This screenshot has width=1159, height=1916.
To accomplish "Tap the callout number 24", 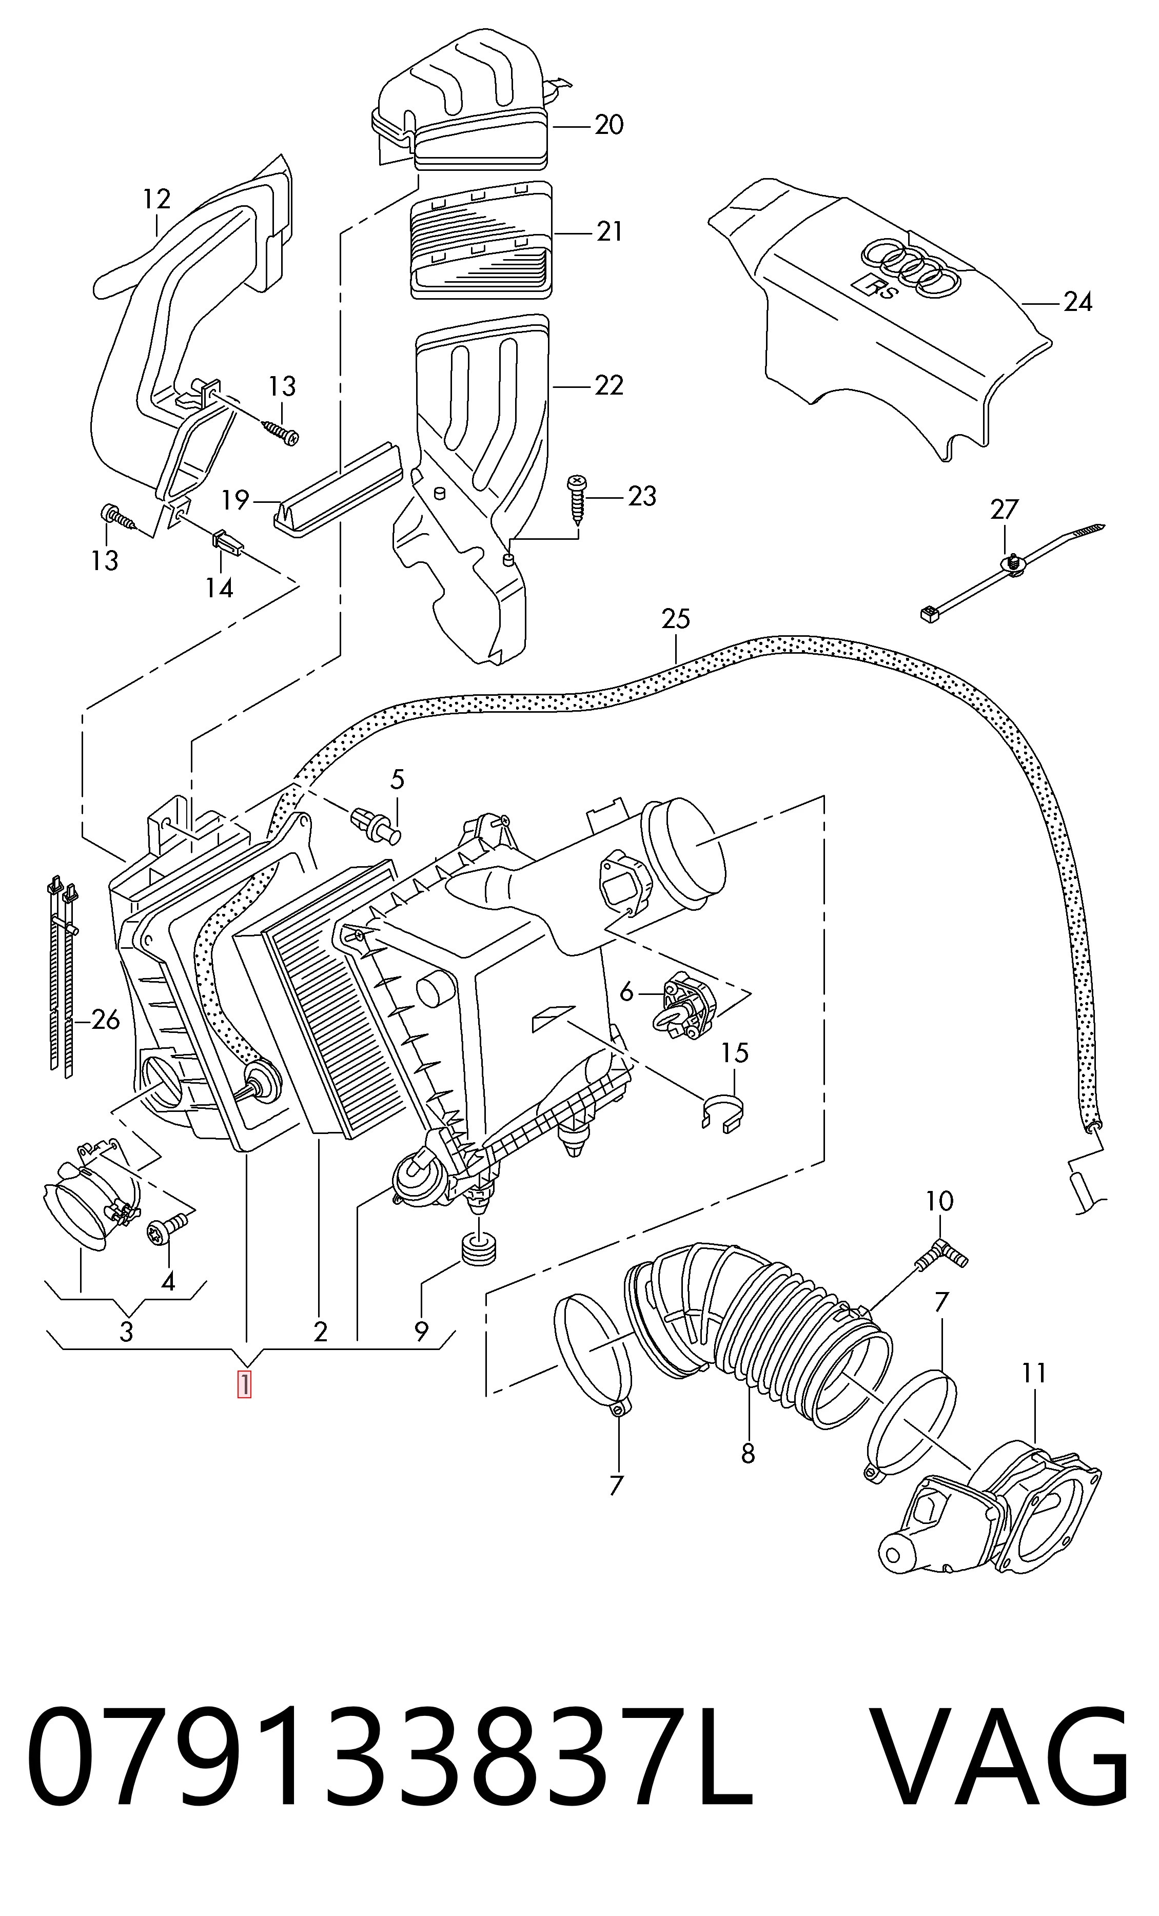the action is click(x=1077, y=302).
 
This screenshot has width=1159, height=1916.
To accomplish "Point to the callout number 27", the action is click(x=1004, y=510).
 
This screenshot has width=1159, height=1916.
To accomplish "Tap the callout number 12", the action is click(x=156, y=199).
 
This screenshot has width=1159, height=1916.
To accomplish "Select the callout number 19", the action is click(x=235, y=499).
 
